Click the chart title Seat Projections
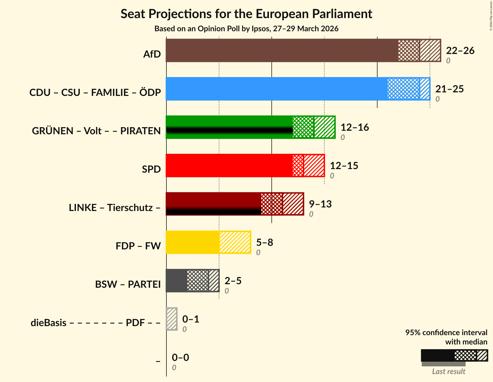(x=246, y=14)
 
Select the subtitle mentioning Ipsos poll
(x=246, y=29)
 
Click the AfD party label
(x=152, y=54)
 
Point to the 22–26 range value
(x=460, y=51)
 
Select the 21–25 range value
(x=449, y=89)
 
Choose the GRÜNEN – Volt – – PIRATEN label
(x=96, y=131)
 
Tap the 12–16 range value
(x=355, y=127)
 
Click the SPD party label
(x=151, y=169)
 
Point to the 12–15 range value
(x=344, y=166)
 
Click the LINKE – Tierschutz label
(x=115, y=208)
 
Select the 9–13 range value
(x=320, y=204)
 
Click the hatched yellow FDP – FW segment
(x=235, y=242)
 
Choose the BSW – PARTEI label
(x=128, y=284)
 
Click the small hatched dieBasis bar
(x=172, y=319)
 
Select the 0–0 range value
(x=180, y=358)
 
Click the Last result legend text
(x=449, y=372)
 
